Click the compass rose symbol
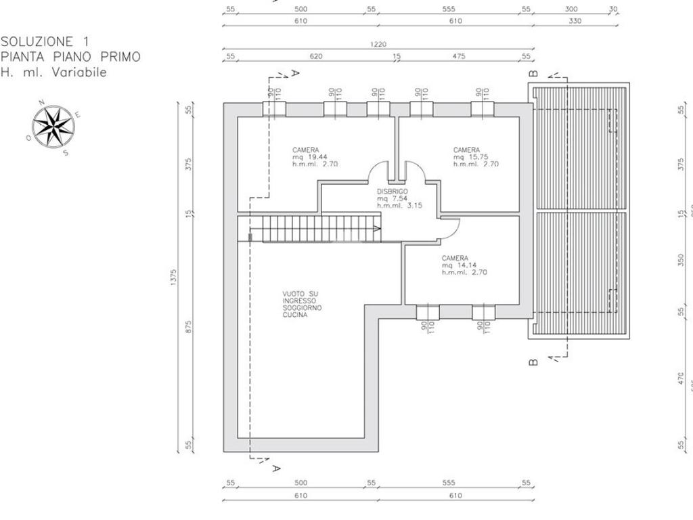tap(53, 127)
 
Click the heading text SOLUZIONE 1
tap(45, 42)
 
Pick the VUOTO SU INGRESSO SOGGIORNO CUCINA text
tap(303, 304)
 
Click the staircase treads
tap(317, 228)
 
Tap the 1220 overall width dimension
tap(378, 44)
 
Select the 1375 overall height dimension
tap(174, 278)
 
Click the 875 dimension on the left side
tap(189, 327)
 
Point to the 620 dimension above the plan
tap(316, 56)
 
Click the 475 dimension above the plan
tap(458, 56)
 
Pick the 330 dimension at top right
tap(575, 21)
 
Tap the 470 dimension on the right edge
tap(681, 379)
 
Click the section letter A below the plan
tap(275, 468)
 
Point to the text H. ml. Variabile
tap(53, 72)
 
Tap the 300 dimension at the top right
tap(571, 9)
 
